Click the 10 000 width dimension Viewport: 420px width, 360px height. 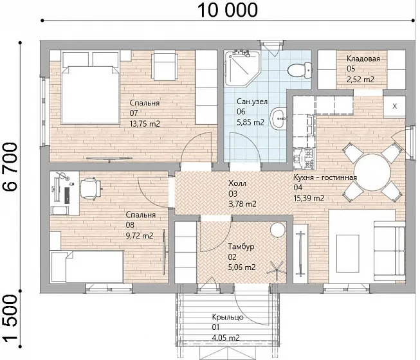228,10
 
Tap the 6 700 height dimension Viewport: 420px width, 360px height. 11,166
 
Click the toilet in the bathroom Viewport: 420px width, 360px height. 300,70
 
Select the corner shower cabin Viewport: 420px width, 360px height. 242,67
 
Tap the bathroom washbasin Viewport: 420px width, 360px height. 278,118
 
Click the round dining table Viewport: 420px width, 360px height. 372,172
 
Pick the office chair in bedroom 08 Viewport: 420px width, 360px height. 91,188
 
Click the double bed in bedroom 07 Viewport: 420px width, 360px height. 90,87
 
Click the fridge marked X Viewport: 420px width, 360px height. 394,106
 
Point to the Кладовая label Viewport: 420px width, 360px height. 363,59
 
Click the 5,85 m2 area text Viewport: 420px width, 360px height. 250,122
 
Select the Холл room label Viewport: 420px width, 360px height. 237,183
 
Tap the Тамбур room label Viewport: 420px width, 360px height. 241,246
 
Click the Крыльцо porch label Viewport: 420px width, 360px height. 228,317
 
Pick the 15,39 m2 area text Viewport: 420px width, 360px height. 309,199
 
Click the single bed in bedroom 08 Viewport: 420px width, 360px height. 87,266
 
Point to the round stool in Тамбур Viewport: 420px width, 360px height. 277,230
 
